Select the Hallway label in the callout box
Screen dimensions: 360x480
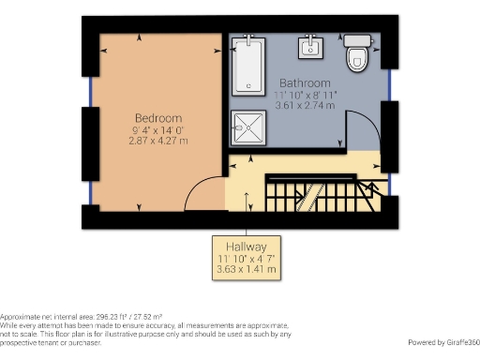[247, 243]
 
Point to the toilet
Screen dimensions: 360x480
[357, 54]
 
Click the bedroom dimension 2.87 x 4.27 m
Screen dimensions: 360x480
[157, 141]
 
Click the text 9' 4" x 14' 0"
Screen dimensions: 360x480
[157, 129]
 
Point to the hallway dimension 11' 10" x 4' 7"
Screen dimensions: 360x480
[247, 256]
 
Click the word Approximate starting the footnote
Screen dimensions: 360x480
[20, 318]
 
